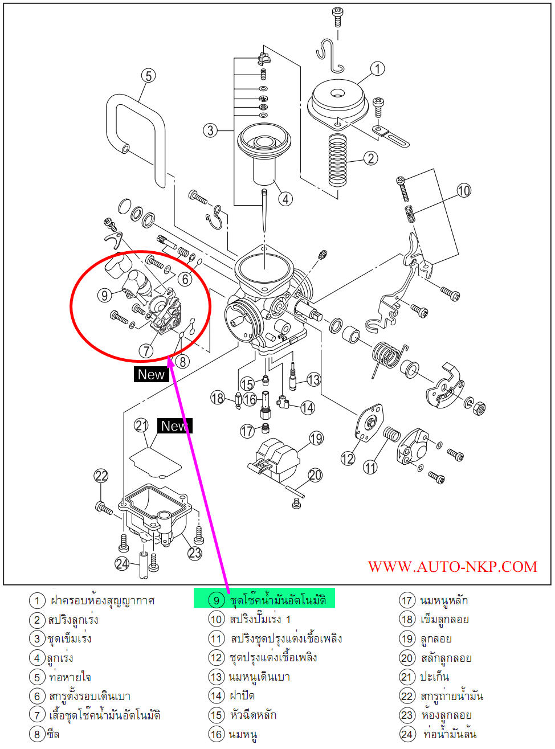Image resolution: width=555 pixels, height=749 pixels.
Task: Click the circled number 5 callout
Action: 148,76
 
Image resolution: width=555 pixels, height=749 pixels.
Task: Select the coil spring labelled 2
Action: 338,161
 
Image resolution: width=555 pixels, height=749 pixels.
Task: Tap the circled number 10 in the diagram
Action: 464,190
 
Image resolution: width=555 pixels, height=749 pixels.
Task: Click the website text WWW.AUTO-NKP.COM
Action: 452,567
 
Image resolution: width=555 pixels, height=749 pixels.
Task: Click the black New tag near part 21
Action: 174,425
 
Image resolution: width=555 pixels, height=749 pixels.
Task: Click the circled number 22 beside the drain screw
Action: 101,476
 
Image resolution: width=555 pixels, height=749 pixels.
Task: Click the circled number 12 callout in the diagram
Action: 348,458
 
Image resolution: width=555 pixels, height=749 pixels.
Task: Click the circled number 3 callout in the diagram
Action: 210,130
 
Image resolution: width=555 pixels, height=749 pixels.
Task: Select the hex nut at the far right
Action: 479,407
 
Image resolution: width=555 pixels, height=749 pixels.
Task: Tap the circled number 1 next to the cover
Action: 377,69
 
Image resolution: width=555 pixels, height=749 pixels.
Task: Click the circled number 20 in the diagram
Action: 315,474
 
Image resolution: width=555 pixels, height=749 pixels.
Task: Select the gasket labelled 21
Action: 156,461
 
